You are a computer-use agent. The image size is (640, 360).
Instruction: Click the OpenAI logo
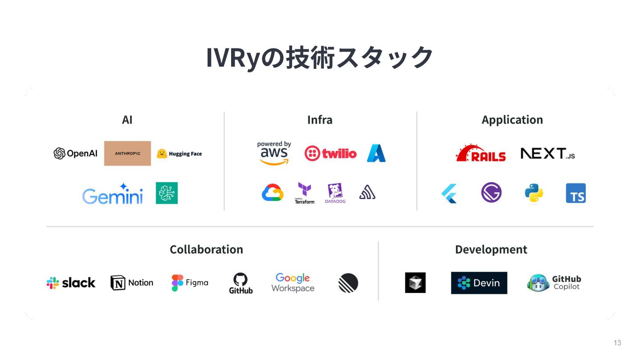point(76,153)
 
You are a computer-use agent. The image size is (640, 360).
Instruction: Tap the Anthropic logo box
point(128,153)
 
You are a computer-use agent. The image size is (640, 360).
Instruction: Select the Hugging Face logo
point(179,154)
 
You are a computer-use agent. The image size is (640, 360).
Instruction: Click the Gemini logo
point(112,194)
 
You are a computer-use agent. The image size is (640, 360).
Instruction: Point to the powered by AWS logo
point(274,153)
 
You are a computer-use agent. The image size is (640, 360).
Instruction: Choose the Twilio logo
point(330,153)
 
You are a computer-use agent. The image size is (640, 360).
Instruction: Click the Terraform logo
point(304,193)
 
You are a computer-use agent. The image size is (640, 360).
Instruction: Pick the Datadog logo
point(335,193)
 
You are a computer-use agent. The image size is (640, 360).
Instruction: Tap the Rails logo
point(481,153)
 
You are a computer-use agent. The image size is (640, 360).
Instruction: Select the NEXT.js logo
point(548,154)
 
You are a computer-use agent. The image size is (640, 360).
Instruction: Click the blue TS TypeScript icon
point(576,193)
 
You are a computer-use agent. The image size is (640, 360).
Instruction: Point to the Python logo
point(533,193)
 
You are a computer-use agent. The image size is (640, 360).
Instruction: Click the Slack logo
point(71,283)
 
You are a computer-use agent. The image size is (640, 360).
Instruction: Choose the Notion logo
point(132,283)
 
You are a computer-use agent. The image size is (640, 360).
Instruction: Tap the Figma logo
point(190,283)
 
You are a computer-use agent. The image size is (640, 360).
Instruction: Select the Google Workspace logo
point(293,283)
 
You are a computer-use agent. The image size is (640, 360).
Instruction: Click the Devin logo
point(479,283)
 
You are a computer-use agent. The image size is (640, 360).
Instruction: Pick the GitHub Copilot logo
point(554,283)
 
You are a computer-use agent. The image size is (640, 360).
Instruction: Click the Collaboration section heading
point(206,249)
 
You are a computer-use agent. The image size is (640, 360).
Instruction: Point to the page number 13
point(617,343)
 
